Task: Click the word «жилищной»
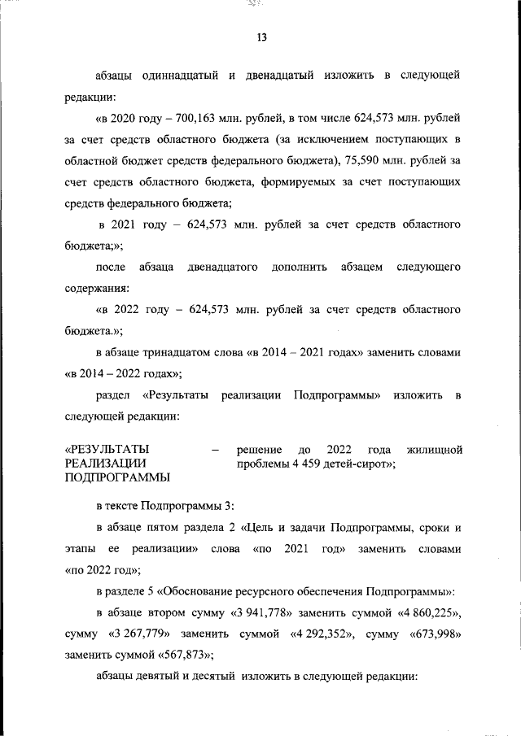coord(435,450)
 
